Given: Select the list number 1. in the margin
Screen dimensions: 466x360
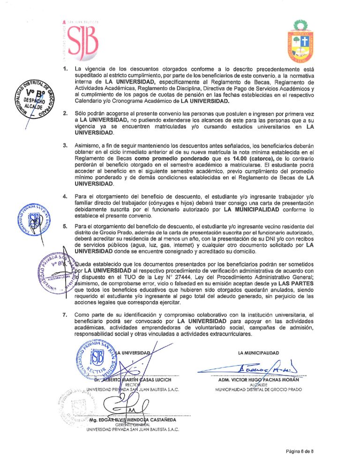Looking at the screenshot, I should (66, 69).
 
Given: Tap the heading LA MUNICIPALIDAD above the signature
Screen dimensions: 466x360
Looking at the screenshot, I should (258, 353).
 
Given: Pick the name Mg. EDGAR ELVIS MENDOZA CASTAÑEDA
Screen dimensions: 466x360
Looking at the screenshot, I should (135, 420).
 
